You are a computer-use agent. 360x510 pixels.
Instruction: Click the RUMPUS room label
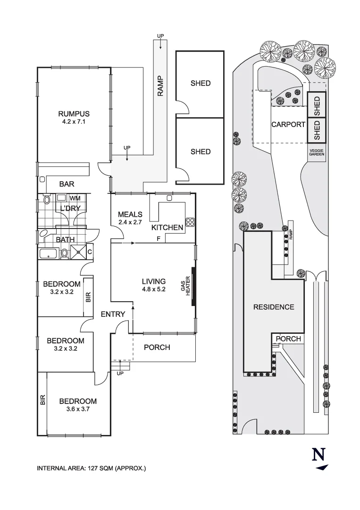click(x=74, y=113)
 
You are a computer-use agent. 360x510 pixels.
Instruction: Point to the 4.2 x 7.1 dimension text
click(x=74, y=121)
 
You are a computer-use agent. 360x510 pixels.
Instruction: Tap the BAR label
click(x=67, y=184)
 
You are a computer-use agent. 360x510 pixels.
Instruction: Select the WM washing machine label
click(x=75, y=198)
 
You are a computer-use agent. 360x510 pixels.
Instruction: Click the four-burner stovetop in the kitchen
click(x=191, y=221)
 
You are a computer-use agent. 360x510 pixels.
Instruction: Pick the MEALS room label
click(x=130, y=214)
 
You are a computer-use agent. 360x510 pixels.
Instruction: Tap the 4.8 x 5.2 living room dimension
click(x=153, y=289)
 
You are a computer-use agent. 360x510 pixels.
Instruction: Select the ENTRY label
click(x=113, y=314)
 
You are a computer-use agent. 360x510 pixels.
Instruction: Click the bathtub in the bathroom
click(x=49, y=254)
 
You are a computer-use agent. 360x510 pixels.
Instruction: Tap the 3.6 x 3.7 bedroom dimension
click(x=78, y=409)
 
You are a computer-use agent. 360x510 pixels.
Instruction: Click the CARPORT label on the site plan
click(x=288, y=125)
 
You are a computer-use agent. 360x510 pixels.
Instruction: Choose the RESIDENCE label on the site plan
click(x=274, y=307)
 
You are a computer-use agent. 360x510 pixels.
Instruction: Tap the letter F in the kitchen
click(x=159, y=239)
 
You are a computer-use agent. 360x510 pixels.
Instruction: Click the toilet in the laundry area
click(x=46, y=200)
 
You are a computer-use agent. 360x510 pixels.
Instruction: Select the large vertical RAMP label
click(x=160, y=86)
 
